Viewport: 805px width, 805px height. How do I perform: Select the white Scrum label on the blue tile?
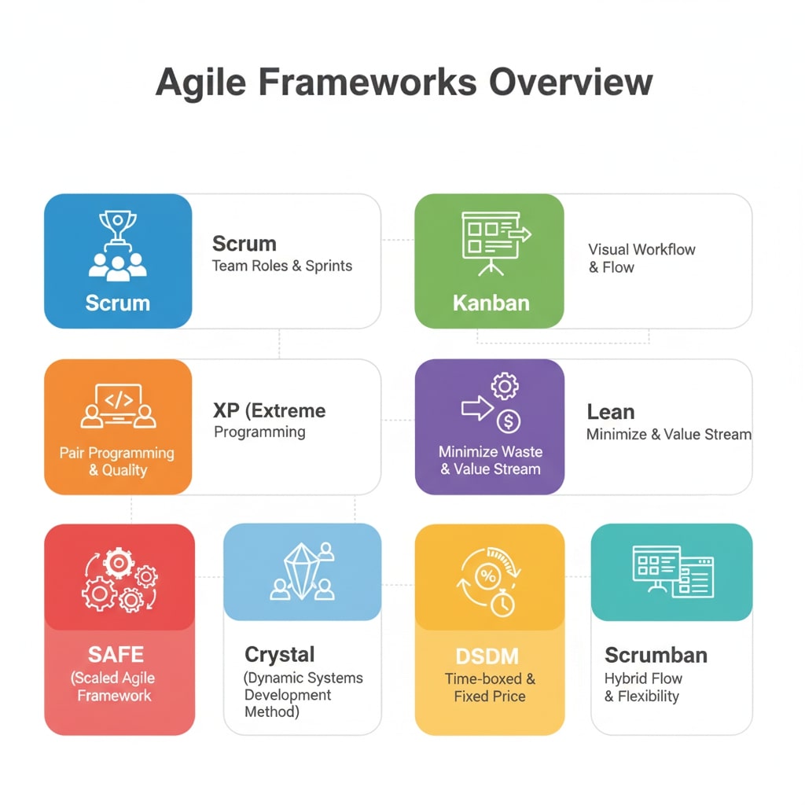click(117, 303)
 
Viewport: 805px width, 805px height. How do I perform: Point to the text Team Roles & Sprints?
click(282, 266)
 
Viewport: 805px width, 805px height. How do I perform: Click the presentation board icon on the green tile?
click(494, 242)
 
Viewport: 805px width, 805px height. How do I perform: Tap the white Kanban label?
click(491, 303)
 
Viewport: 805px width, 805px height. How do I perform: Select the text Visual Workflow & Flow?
click(641, 258)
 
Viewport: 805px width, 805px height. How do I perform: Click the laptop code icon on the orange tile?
click(118, 406)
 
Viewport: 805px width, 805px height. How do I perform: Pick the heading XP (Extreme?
click(269, 410)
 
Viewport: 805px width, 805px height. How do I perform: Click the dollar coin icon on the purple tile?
click(509, 421)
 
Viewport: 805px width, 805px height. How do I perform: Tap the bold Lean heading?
click(610, 412)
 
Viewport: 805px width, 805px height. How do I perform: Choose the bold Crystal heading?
click(279, 654)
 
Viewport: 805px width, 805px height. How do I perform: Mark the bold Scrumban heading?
click(656, 655)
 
